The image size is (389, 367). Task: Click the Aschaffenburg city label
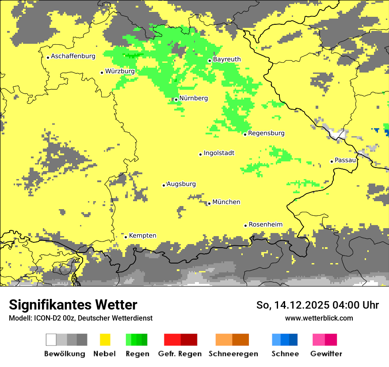[73, 57]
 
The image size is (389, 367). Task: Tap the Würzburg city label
[120, 71]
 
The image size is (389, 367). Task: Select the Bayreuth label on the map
[227, 59]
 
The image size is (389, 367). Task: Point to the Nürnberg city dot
[176, 99]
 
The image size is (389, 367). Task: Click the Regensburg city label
[266, 133]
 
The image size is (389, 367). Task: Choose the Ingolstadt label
[219, 153]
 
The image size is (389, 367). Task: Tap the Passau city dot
[332, 161]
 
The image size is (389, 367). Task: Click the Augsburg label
[181, 184]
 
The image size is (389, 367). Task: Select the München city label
[226, 202]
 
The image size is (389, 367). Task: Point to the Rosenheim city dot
[245, 226]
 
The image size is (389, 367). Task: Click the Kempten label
[142, 236]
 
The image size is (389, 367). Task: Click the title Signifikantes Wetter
[73, 305]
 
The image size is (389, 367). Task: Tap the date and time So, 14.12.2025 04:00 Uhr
[317, 305]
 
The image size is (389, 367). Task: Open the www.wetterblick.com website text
[319, 318]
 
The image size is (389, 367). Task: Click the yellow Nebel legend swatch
[105, 340]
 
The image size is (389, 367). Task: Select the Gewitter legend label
[326, 354]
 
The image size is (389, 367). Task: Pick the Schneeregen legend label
[233, 354]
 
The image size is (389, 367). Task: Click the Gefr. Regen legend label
[180, 354]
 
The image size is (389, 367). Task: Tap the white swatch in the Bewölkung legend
[51, 340]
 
